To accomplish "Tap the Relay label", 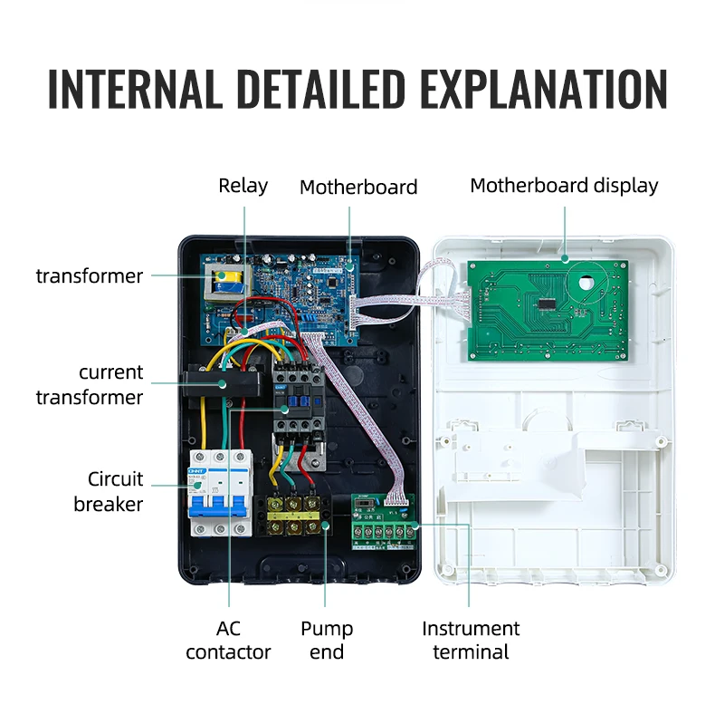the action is click(243, 186).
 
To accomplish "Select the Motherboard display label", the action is click(564, 186).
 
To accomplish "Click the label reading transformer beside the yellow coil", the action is click(90, 275).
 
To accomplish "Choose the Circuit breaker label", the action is click(109, 491).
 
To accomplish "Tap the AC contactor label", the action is click(228, 640).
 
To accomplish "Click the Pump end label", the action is click(327, 640).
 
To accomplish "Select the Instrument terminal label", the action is click(471, 640).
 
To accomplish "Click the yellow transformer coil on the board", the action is click(224, 280).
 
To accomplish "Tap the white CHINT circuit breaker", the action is click(217, 494).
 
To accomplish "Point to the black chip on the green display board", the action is click(549, 304).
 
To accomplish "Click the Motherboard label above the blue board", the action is click(358, 188).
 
